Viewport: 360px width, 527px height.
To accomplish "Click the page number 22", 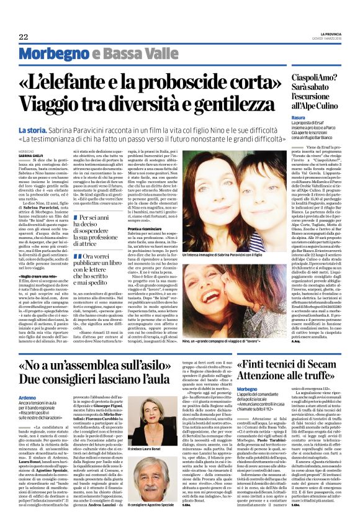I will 22,37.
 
